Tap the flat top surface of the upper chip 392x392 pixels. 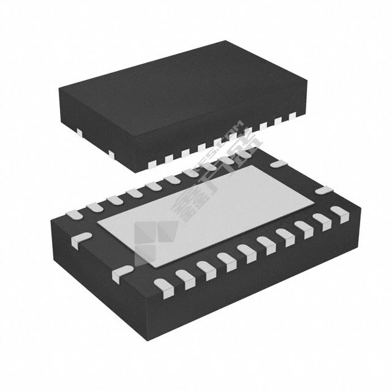(x=184, y=92)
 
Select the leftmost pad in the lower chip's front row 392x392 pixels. (x=163, y=284)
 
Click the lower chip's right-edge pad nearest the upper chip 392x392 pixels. (x=279, y=164)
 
